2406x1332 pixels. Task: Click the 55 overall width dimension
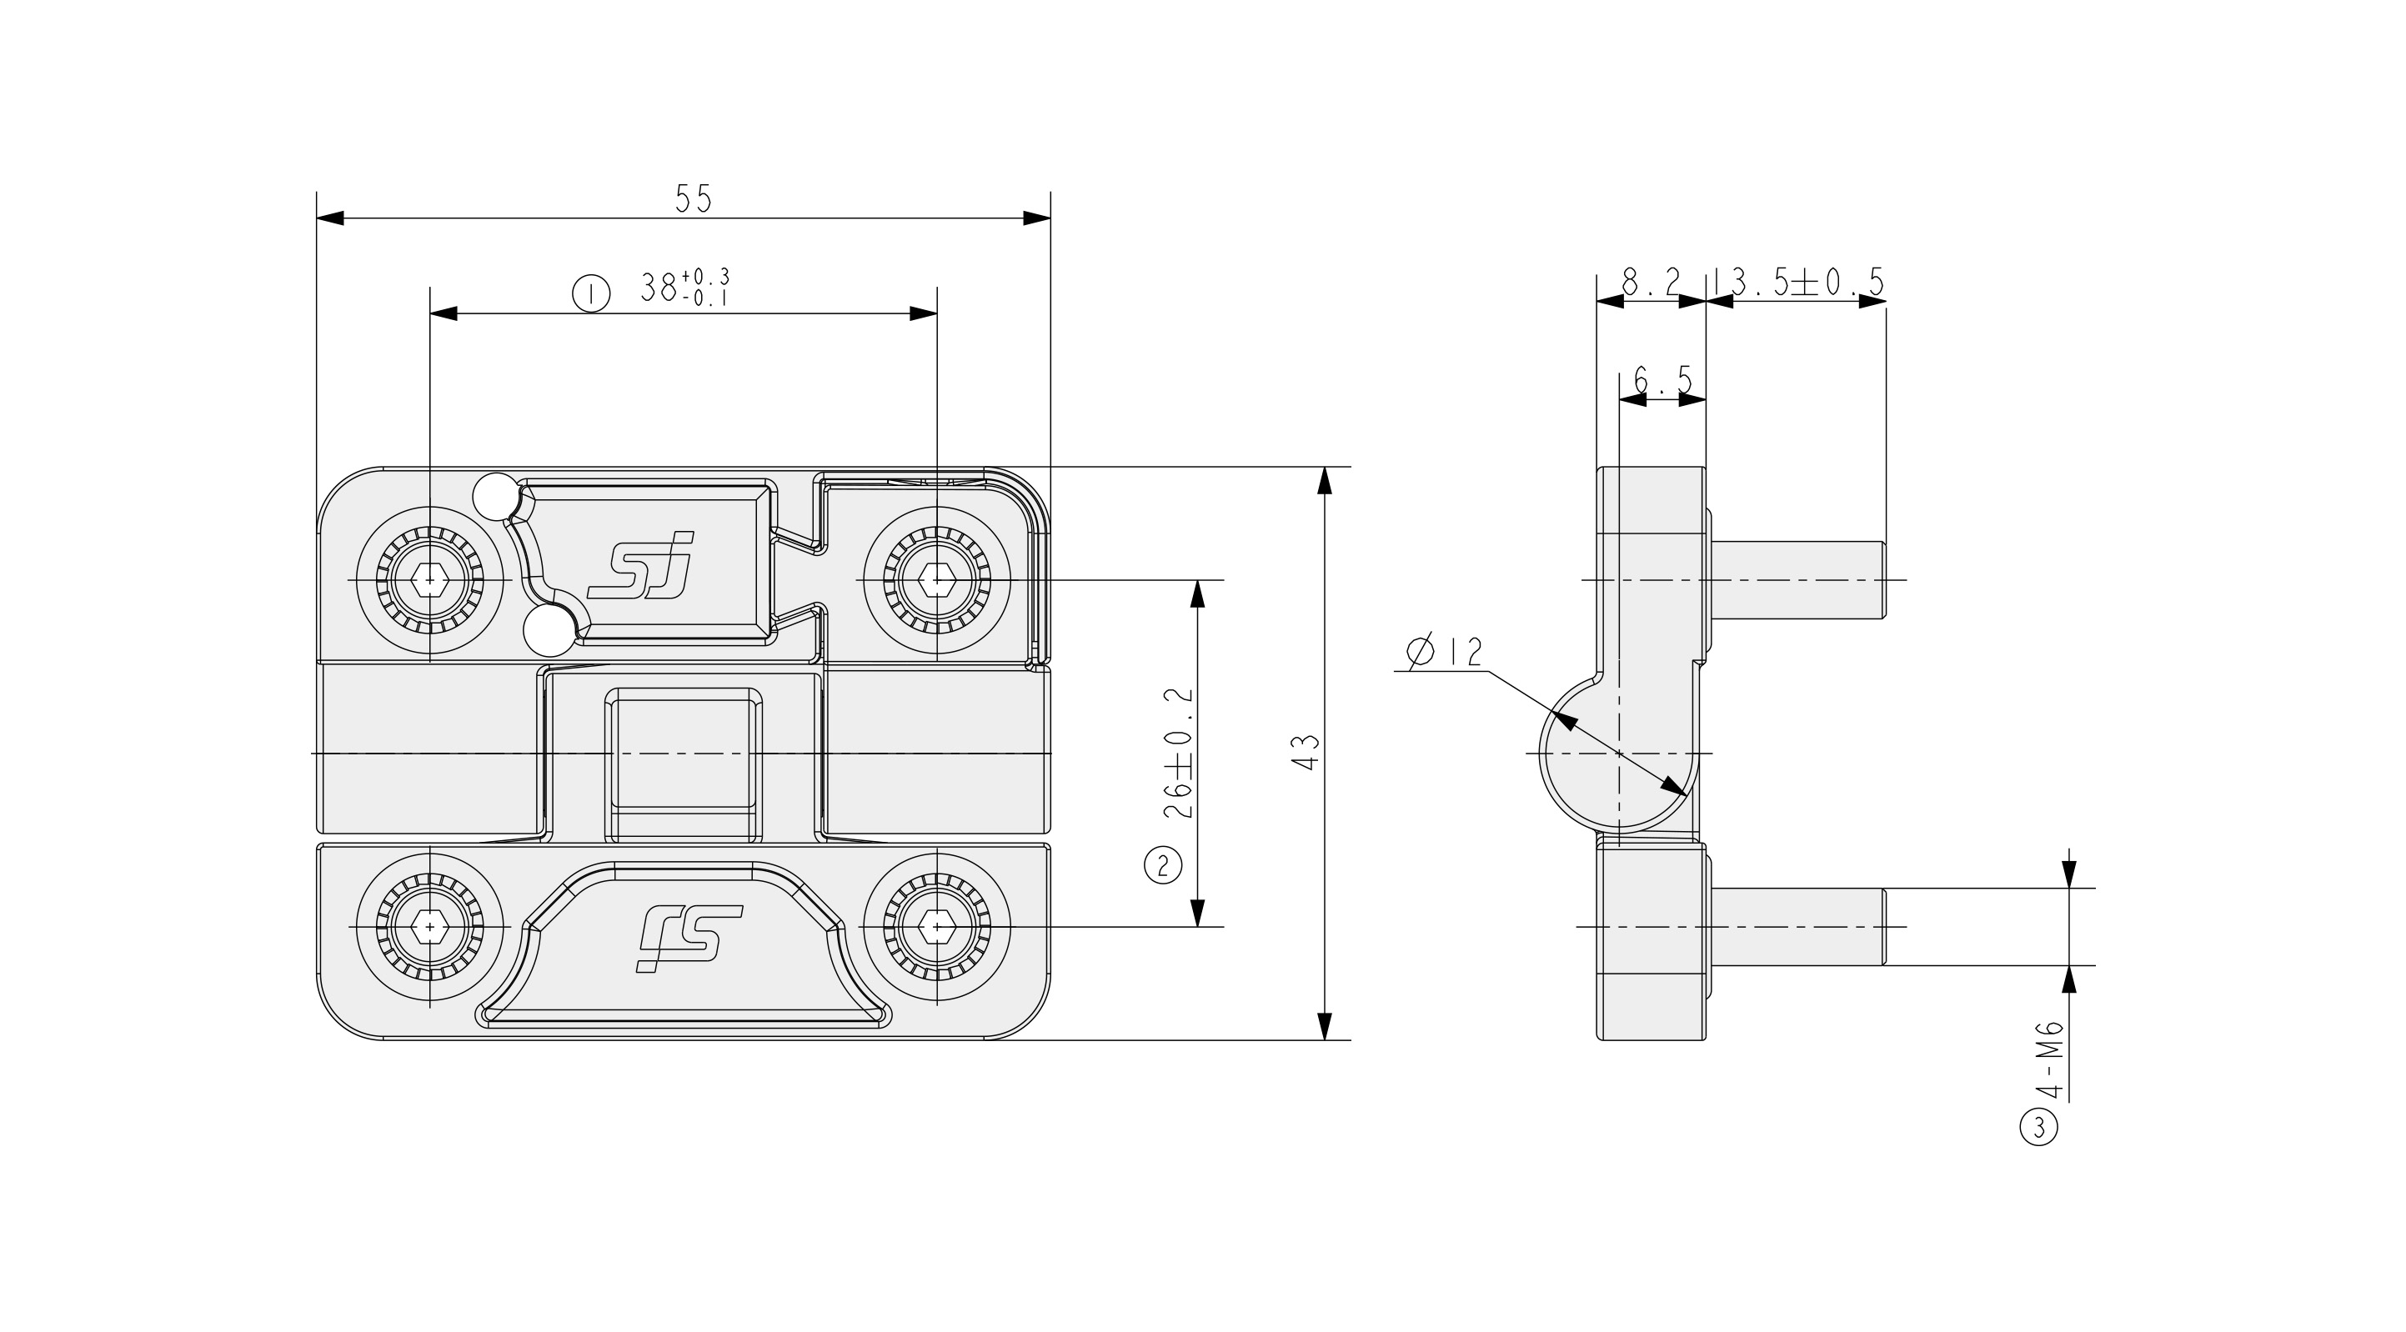pyautogui.click(x=693, y=199)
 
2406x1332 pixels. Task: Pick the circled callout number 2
pyautogui.click(x=1163, y=864)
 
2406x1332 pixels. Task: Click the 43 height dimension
pyautogui.click(x=1307, y=753)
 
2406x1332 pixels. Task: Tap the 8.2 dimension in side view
pyautogui.click(x=1651, y=282)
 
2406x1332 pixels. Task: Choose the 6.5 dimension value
pyautogui.click(x=1662, y=380)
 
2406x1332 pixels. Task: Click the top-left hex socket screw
pyautogui.click(x=429, y=580)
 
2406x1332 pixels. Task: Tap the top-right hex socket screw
pyautogui.click(x=937, y=580)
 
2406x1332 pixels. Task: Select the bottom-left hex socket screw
pyautogui.click(x=429, y=927)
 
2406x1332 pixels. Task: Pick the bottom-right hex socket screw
pyautogui.click(x=937, y=927)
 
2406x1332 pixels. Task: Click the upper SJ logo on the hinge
pyautogui.click(x=643, y=565)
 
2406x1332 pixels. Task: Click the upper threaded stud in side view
pyautogui.click(x=1798, y=580)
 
